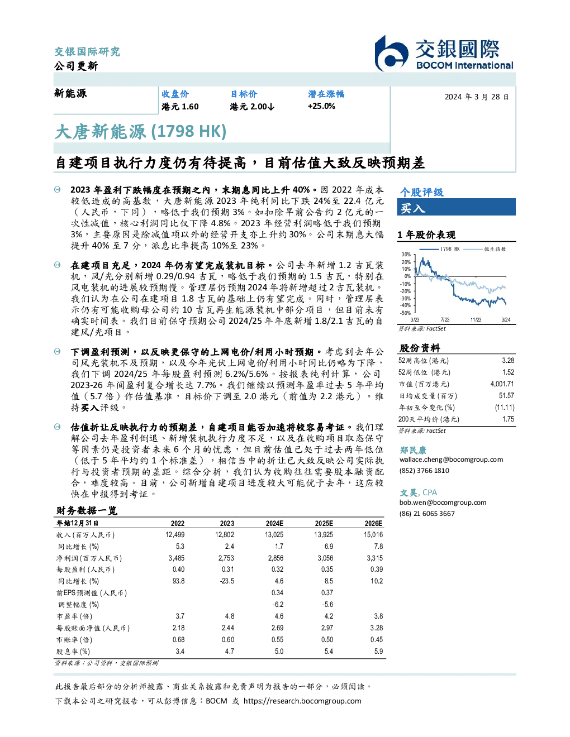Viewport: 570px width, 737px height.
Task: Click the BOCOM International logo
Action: pyautogui.click(x=444, y=53)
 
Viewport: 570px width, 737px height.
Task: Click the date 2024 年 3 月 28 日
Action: pyautogui.click(x=477, y=97)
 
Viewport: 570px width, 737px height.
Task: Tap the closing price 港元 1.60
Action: pyautogui.click(x=180, y=107)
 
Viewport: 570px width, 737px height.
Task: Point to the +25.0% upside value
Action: pyautogui.click(x=321, y=106)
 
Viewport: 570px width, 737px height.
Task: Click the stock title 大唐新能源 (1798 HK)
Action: pyautogui.click(x=141, y=132)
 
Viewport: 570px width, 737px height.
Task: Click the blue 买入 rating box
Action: pyautogui.click(x=456, y=207)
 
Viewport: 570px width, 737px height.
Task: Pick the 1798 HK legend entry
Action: pyautogui.click(x=439, y=249)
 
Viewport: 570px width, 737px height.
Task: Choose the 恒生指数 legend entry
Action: pyautogui.click(x=484, y=249)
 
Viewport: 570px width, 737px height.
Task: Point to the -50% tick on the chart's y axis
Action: pyautogui.click(x=406, y=313)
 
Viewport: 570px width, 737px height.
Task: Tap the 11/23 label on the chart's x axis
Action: pyautogui.click(x=476, y=320)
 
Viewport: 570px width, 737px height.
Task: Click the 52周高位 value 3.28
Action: pyautogui.click(x=508, y=361)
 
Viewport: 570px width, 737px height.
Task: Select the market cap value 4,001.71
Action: pyautogui.click(x=502, y=384)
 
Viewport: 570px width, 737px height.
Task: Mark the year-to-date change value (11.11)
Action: pyautogui.click(x=505, y=408)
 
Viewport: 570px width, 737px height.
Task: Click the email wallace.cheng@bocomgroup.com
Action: pyautogui.click(x=451, y=460)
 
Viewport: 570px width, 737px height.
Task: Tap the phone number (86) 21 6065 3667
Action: pyautogui.click(x=427, y=514)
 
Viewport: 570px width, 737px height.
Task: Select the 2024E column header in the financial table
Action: pyautogui.click(x=274, y=523)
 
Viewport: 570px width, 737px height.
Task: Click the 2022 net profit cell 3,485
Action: pyautogui.click(x=177, y=558)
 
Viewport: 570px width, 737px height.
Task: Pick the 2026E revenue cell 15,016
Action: pyautogui.click(x=373, y=535)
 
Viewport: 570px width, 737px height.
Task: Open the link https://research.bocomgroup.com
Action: pyautogui.click(x=302, y=701)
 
